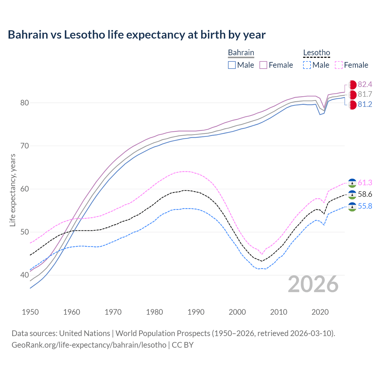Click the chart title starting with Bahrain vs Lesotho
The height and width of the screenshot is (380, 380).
(x=137, y=35)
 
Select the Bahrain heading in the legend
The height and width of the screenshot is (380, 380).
(x=241, y=53)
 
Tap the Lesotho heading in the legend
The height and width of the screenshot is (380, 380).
(x=316, y=53)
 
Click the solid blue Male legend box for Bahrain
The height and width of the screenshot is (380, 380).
(x=232, y=65)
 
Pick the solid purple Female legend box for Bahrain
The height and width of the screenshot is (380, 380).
(x=263, y=65)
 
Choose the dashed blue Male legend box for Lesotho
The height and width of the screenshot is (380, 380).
(x=307, y=65)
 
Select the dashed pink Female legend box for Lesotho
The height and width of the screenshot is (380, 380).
(x=338, y=65)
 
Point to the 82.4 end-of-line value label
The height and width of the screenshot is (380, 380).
(x=365, y=85)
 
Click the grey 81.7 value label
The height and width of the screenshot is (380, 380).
(x=365, y=94)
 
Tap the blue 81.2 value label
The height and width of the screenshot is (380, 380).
(x=365, y=104)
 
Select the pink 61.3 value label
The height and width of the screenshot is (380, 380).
(x=365, y=183)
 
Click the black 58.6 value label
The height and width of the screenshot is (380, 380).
(x=365, y=194)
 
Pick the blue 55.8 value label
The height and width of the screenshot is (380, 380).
(x=365, y=206)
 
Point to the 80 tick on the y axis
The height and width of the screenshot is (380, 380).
(x=24, y=103)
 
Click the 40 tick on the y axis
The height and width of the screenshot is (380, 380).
(x=24, y=275)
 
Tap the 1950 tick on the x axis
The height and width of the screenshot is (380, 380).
(x=30, y=312)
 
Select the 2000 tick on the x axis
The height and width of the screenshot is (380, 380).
(x=237, y=312)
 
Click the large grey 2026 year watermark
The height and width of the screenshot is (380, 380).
(x=313, y=284)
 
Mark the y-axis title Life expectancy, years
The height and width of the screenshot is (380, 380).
(x=12, y=190)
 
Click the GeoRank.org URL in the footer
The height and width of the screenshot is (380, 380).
(x=89, y=345)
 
